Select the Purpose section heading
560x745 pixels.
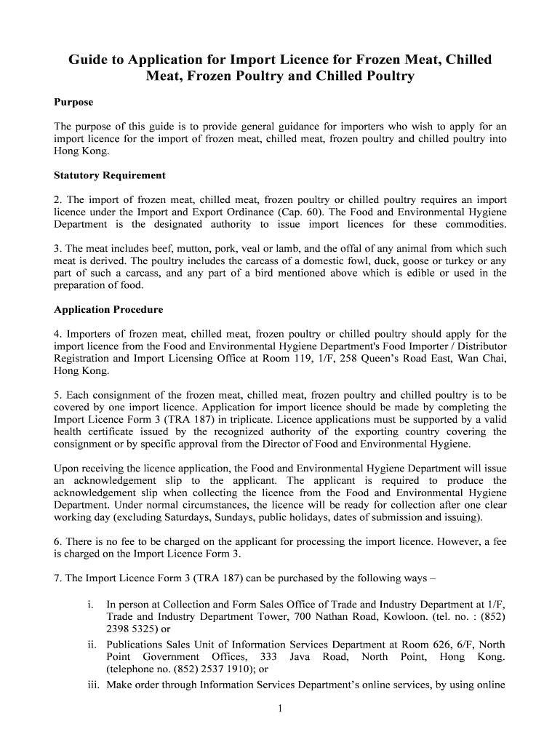(73, 102)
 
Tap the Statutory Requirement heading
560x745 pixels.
(110, 175)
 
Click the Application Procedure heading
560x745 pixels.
(108, 309)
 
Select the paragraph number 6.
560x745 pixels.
(57, 542)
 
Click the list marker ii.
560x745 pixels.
(92, 644)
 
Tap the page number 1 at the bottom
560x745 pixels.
(279, 711)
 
